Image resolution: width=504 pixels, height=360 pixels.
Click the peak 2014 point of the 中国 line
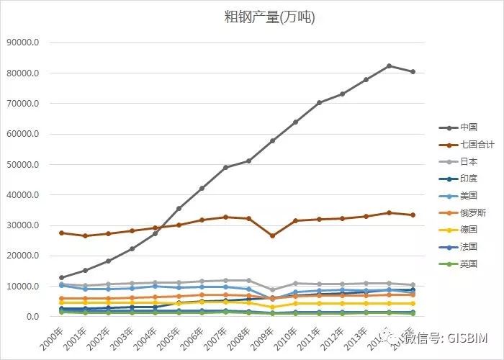[x=389, y=66]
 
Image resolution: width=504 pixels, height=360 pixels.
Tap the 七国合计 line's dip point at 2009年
[x=272, y=236]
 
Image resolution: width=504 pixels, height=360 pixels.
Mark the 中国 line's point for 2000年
[x=61, y=277]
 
